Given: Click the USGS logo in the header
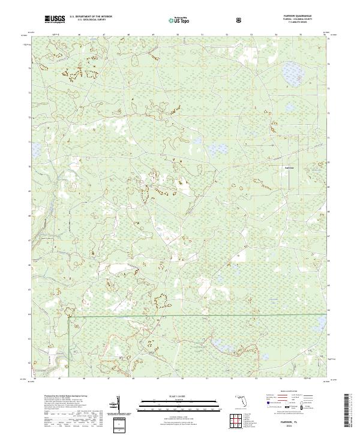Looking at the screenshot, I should pos(55,19).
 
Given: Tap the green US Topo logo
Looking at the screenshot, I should pos(179,20).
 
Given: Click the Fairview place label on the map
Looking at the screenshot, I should pos(290,167).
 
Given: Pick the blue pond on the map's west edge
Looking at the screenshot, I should pos(37,147).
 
